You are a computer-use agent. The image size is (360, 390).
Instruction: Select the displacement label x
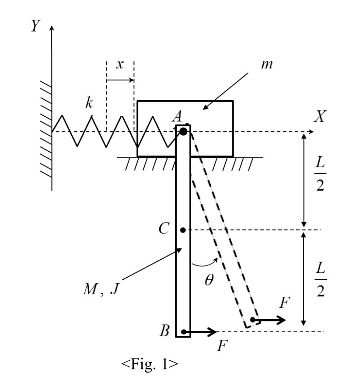pos(119,64)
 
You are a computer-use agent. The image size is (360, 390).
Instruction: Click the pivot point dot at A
pos(183,131)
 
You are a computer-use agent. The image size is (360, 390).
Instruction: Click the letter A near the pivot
pos(177,116)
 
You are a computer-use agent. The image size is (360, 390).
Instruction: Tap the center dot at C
pos(183,230)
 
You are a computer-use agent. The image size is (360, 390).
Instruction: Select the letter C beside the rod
pos(164,229)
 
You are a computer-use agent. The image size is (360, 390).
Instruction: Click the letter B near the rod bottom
pos(164,331)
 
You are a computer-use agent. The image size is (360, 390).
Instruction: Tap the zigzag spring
pos(109,131)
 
